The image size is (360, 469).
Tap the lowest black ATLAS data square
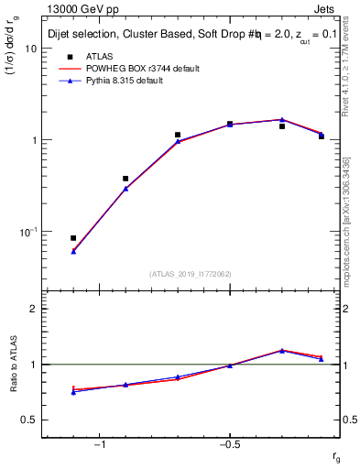[73, 238]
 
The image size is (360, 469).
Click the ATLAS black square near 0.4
[125, 179]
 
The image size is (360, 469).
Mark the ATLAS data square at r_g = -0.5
[230, 124]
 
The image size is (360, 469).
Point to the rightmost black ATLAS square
[322, 136]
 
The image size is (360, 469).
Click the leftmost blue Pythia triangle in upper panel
[73, 251]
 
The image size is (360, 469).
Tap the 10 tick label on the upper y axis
[30, 49]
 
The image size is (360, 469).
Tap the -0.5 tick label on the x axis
[228, 444]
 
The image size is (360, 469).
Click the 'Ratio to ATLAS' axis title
[14, 365]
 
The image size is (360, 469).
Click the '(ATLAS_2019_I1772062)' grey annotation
[191, 274]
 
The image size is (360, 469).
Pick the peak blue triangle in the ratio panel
[282, 350]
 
